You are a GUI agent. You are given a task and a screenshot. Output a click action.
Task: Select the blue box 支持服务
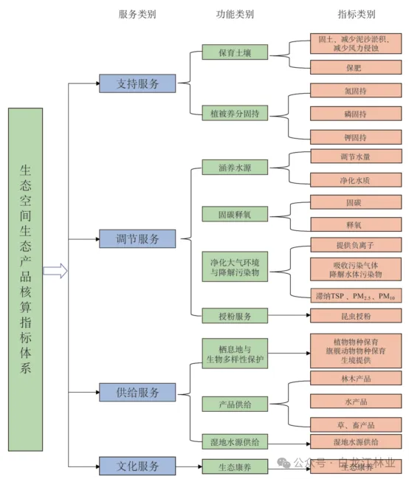[137, 83]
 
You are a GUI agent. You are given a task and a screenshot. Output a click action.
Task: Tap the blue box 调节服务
[137, 238]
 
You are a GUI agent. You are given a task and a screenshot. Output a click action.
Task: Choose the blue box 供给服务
[137, 393]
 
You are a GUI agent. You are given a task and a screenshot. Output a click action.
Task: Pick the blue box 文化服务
[137, 466]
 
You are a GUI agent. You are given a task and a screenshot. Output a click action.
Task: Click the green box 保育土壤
[235, 52]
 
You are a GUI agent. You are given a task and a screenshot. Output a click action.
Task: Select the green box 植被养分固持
[235, 114]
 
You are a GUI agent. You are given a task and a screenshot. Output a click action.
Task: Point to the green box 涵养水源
[235, 168]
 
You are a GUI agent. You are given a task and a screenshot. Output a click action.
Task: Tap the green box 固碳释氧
[235, 214]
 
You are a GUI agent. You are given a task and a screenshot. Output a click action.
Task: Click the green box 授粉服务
[235, 316]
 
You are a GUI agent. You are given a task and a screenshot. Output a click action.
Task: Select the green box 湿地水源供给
[235, 441]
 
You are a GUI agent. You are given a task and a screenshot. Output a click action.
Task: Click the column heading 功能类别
[235, 14]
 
